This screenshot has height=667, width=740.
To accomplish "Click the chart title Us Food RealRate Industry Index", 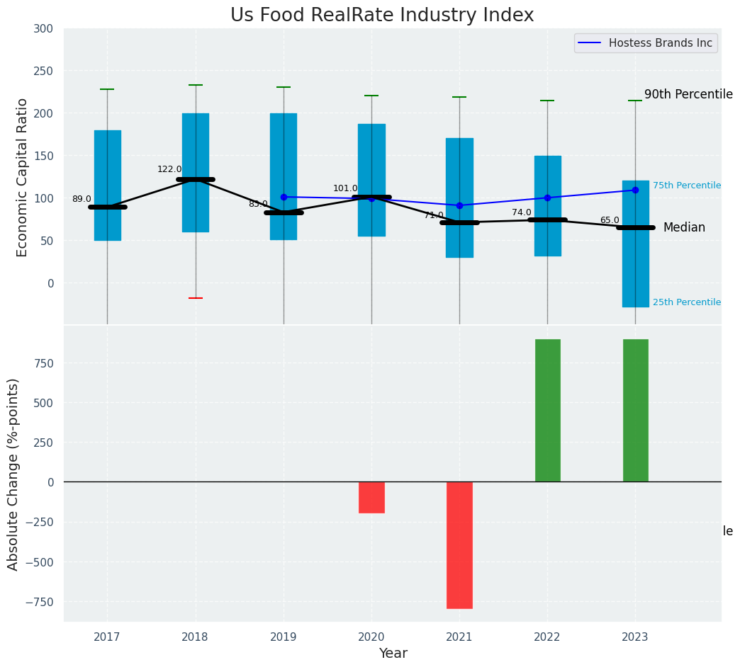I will point(382,16).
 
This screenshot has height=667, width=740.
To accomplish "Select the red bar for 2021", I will point(459,545).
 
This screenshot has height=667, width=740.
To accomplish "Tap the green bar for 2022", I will point(547,411).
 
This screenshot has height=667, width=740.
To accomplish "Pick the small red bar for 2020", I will point(371,497).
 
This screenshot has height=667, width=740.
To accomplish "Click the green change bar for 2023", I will point(635,411).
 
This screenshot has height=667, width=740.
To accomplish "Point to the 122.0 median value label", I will point(169,169).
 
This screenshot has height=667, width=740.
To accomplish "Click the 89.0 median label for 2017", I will point(82,199).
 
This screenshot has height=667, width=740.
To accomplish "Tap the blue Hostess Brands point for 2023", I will point(635,190).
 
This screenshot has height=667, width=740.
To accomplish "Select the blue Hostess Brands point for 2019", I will point(284,197).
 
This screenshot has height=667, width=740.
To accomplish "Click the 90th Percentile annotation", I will point(688,94).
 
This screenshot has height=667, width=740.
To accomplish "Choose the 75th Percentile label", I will point(686,186).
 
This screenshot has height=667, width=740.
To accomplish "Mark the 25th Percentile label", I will point(686,302).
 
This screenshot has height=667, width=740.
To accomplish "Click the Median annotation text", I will point(684,227).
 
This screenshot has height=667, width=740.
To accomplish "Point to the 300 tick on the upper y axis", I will point(43,28).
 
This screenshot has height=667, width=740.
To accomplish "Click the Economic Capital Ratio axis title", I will point(22,177).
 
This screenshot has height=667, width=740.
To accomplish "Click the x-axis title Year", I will point(393,654).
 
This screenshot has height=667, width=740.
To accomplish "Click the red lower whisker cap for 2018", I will point(196,298).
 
